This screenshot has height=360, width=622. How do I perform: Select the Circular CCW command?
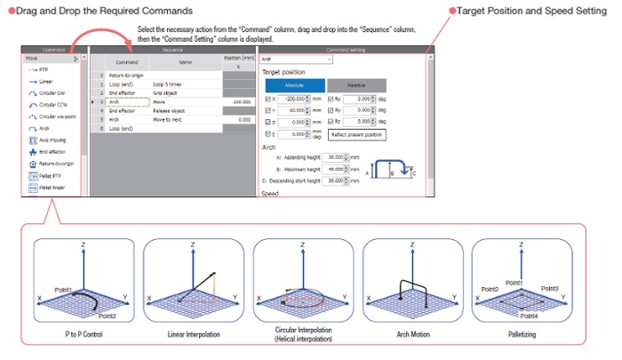[x=45, y=104]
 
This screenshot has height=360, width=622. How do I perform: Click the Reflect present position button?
[x=356, y=134]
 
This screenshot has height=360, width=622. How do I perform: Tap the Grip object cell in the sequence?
[x=168, y=92]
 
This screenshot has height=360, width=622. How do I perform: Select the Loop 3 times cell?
[x=170, y=83]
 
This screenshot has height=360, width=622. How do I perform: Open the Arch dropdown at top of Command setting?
[x=296, y=59]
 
